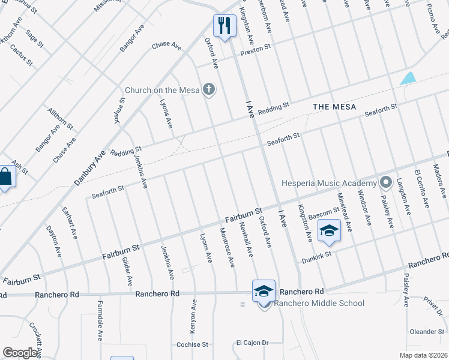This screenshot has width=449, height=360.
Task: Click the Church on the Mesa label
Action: point(161,91)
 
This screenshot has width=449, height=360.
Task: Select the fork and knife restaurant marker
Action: point(224,26)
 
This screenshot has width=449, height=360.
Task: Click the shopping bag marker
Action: point(5,177)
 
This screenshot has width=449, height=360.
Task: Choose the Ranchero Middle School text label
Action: point(319,303)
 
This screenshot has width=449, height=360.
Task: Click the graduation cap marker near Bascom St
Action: point(329,231)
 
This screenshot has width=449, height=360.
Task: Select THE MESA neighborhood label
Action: point(335,107)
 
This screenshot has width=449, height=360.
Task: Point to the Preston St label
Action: point(256,49)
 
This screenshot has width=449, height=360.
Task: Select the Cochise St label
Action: point(192,345)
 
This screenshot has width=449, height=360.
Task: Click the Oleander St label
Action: point(426,331)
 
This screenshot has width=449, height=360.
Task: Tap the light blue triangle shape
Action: point(408,78)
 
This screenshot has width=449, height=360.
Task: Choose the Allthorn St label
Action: point(60,119)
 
